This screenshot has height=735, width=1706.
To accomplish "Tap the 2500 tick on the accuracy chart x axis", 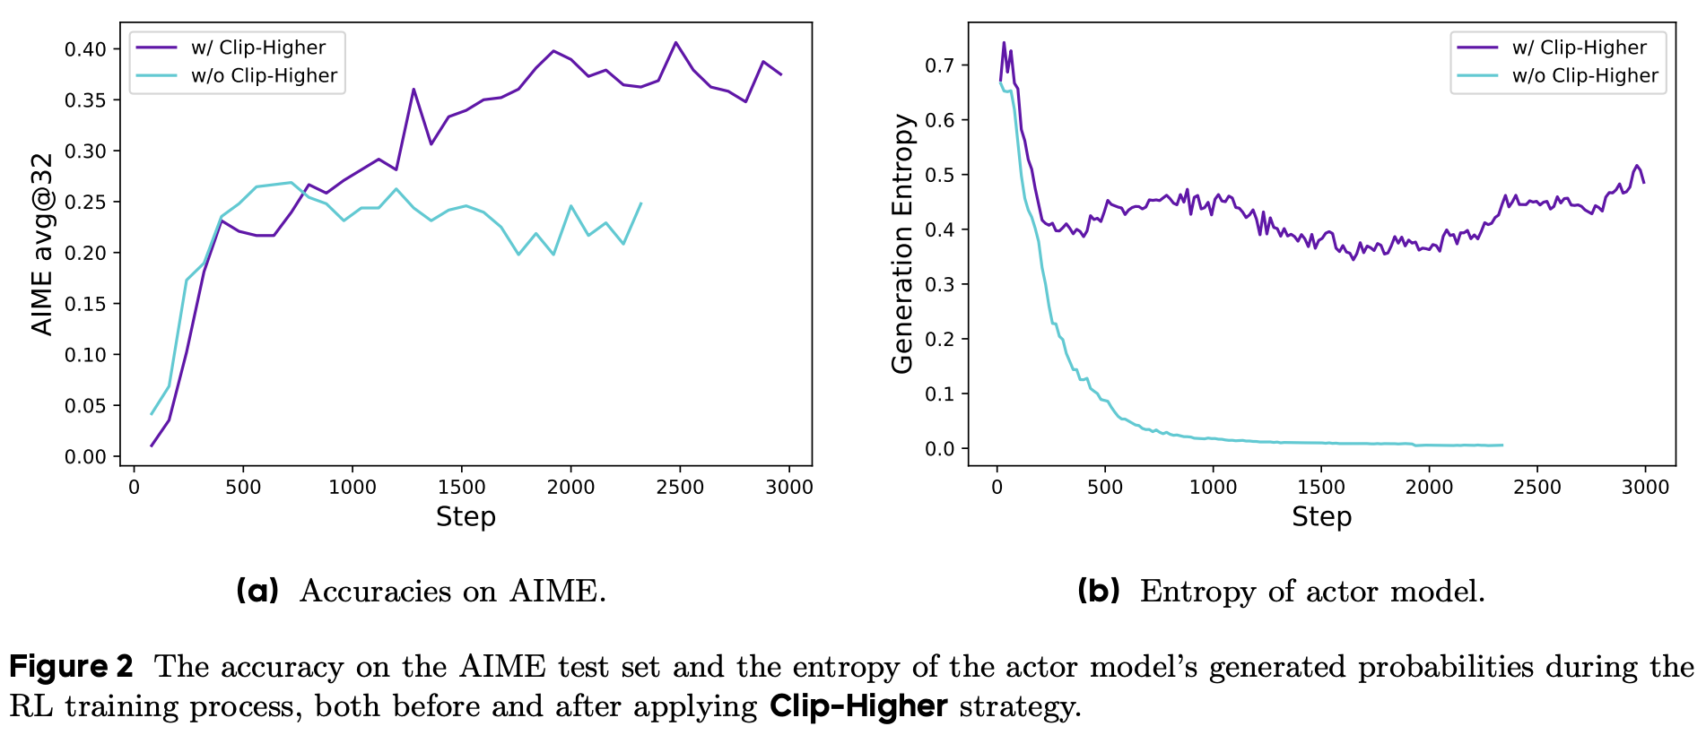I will pos(679,487).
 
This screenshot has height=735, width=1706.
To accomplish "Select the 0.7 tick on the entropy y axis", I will pos(940,65).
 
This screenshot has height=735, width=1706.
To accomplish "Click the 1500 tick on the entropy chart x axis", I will pos(1320,487).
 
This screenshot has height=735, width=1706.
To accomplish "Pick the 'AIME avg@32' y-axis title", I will pos(42,244).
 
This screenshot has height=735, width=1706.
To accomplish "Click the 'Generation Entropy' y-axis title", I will pos(902,244).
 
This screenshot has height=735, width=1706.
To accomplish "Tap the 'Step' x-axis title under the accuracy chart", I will pos(466,517).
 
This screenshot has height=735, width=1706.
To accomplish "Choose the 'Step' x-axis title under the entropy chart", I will pos(1321,517).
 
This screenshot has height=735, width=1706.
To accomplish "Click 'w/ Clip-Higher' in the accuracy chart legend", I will pos(258,48).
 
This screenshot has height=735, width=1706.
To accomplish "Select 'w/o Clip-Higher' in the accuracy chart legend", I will pos(264,76).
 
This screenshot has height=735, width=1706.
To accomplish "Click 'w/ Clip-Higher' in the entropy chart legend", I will pos(1579,48).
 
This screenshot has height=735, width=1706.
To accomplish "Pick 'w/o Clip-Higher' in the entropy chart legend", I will pos(1585,76).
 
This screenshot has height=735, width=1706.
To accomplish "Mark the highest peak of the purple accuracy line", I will pos(675,42).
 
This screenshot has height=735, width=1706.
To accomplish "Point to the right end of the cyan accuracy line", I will pos(640,203).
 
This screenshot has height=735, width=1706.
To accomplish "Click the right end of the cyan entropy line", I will pos(1502,445).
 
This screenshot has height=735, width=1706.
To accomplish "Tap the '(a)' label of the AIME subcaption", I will pos(257,591).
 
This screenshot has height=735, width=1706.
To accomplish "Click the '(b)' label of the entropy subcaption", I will pos(1099,591).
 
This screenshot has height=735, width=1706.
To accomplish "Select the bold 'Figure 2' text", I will pos(71,667).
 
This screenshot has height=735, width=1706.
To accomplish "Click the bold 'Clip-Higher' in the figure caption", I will pos(858,706).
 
